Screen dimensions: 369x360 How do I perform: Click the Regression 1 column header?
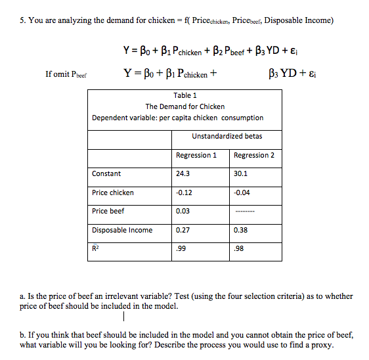tap(196, 155)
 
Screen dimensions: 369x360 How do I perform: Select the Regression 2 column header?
tap(254, 155)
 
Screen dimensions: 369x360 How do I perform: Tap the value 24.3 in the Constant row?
tap(183, 173)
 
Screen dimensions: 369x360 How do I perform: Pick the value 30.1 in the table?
tap(240, 173)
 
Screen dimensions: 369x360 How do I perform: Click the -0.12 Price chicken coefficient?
tap(185, 192)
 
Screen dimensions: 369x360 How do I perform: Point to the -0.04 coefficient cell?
tap(242, 192)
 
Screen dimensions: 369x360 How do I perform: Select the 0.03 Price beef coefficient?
tap(183, 211)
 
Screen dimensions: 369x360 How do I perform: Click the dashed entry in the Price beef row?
tap(244, 212)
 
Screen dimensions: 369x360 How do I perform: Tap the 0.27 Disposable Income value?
tap(183, 230)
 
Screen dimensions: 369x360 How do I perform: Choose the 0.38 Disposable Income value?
tap(240, 230)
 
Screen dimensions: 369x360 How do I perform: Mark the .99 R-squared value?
tap(181, 249)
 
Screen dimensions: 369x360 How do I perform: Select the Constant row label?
tap(106, 173)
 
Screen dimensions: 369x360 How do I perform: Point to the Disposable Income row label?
tap(122, 230)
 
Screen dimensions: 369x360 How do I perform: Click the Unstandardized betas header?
tap(227, 136)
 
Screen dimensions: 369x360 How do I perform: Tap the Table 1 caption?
tap(185, 95)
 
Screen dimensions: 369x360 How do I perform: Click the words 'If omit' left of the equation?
tap(56, 74)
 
